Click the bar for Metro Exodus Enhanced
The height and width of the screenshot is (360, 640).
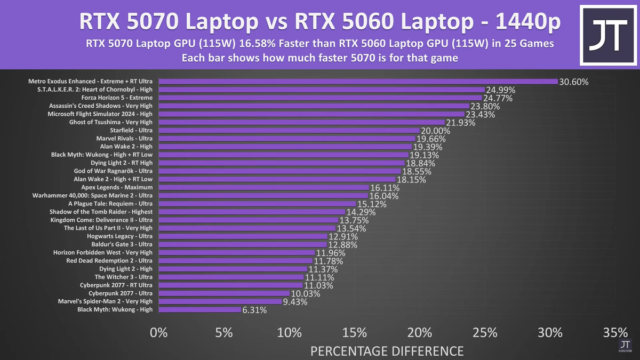click(357, 82)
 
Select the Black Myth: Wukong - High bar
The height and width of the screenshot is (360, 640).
click(200, 309)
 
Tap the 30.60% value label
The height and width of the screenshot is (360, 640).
click(573, 82)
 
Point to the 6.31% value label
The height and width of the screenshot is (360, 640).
click(254, 310)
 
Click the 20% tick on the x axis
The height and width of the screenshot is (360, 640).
click(420, 333)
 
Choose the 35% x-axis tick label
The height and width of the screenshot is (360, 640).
click(615, 333)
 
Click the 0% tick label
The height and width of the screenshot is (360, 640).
click(159, 333)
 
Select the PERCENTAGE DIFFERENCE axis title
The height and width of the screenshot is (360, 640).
click(387, 350)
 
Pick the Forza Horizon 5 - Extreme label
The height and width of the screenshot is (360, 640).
click(117, 98)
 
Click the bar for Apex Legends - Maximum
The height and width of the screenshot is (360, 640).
click(264, 187)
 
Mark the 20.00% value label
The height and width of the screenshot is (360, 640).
click(435, 131)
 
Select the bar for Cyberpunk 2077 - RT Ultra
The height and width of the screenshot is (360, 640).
click(230, 285)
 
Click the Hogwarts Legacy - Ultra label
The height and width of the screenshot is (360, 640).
click(119, 236)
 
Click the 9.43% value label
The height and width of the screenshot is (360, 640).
click(297, 302)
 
